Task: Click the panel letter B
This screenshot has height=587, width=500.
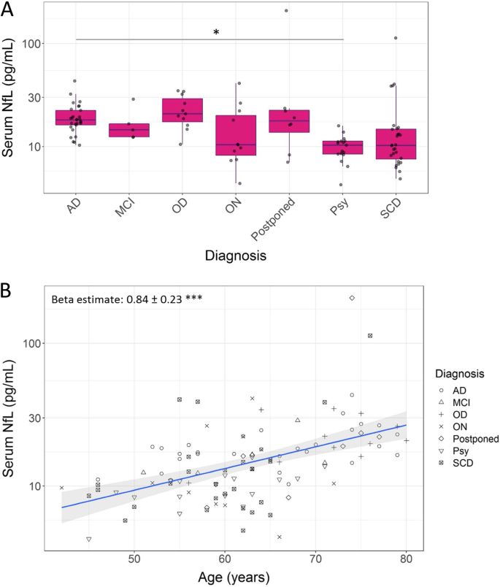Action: pyautogui.click(x=9, y=290)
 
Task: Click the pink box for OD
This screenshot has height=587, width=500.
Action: pyautogui.click(x=182, y=110)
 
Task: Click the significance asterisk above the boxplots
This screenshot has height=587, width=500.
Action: pyautogui.click(x=216, y=33)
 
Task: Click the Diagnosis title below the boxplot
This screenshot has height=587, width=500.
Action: pyautogui.click(x=235, y=256)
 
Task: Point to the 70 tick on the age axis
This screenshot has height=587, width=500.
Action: pyautogui.click(x=315, y=559)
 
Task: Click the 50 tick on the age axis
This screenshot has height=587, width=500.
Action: pyautogui.click(x=134, y=559)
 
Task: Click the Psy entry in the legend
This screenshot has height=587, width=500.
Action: pyautogui.click(x=462, y=451)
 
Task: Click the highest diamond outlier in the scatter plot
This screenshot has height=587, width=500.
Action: pyautogui.click(x=352, y=298)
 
